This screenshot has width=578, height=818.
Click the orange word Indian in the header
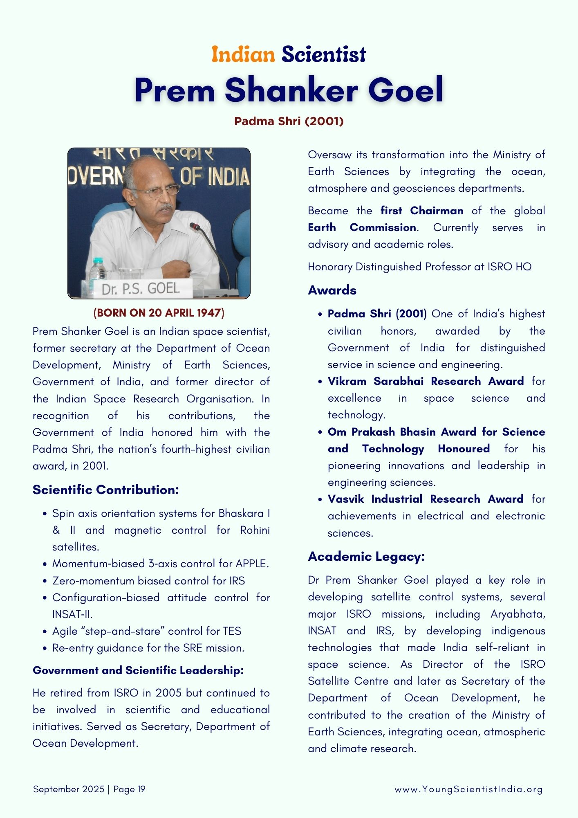click(x=243, y=54)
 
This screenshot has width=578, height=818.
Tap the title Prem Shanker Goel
click(x=289, y=90)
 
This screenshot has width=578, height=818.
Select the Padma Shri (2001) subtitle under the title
click(x=289, y=121)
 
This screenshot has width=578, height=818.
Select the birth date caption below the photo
click(x=159, y=313)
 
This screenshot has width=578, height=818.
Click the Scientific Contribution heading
click(x=105, y=490)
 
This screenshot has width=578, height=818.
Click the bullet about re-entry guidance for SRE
click(x=148, y=648)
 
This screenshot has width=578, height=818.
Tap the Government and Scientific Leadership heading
click(x=138, y=670)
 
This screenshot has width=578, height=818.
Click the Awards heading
click(x=332, y=290)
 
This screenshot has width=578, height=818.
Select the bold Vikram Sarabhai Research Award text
click(x=426, y=381)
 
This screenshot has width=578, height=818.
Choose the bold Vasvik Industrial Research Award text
click(x=425, y=499)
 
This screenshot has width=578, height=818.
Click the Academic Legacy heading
click(x=366, y=556)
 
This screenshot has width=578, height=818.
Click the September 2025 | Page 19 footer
click(x=89, y=789)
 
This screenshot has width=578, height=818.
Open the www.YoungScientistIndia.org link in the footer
click(x=468, y=789)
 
